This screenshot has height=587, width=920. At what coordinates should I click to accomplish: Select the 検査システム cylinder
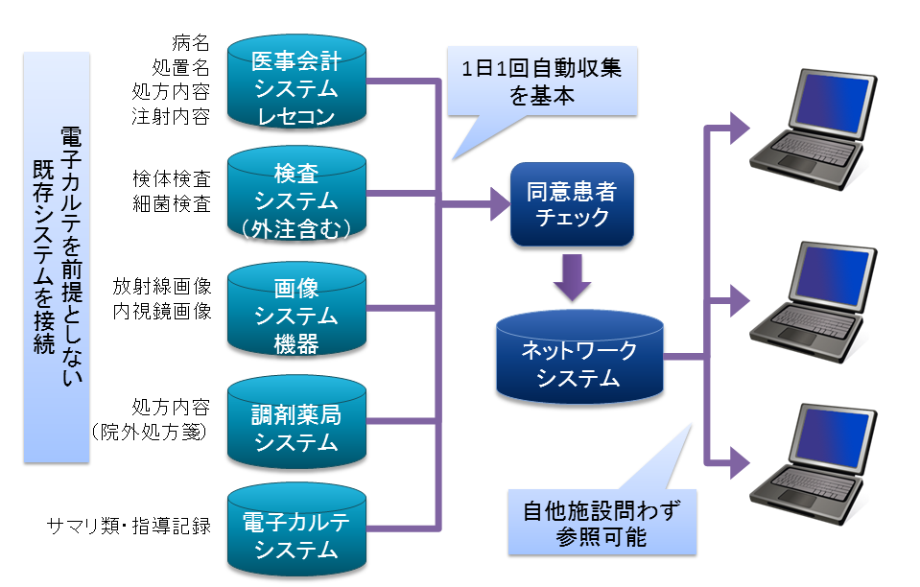(x=296, y=194)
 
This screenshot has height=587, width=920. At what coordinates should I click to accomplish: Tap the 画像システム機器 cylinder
(x=296, y=309)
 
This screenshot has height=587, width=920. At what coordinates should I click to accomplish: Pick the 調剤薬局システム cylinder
(x=296, y=422)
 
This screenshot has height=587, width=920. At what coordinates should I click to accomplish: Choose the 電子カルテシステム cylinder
(x=296, y=529)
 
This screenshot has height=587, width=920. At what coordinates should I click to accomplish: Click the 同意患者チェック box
(x=572, y=204)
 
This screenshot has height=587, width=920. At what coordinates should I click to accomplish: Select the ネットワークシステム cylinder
(x=579, y=357)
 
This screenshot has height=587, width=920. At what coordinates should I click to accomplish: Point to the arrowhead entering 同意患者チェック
(x=500, y=204)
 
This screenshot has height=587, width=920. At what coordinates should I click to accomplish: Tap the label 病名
(x=191, y=43)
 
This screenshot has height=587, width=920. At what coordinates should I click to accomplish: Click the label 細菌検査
(x=172, y=204)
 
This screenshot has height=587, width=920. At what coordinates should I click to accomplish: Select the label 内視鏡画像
(x=162, y=311)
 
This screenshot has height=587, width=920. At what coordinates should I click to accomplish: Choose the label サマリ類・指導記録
(x=130, y=526)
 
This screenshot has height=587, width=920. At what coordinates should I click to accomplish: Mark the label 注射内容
(x=171, y=116)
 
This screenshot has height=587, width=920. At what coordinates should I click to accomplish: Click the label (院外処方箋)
(x=150, y=433)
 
